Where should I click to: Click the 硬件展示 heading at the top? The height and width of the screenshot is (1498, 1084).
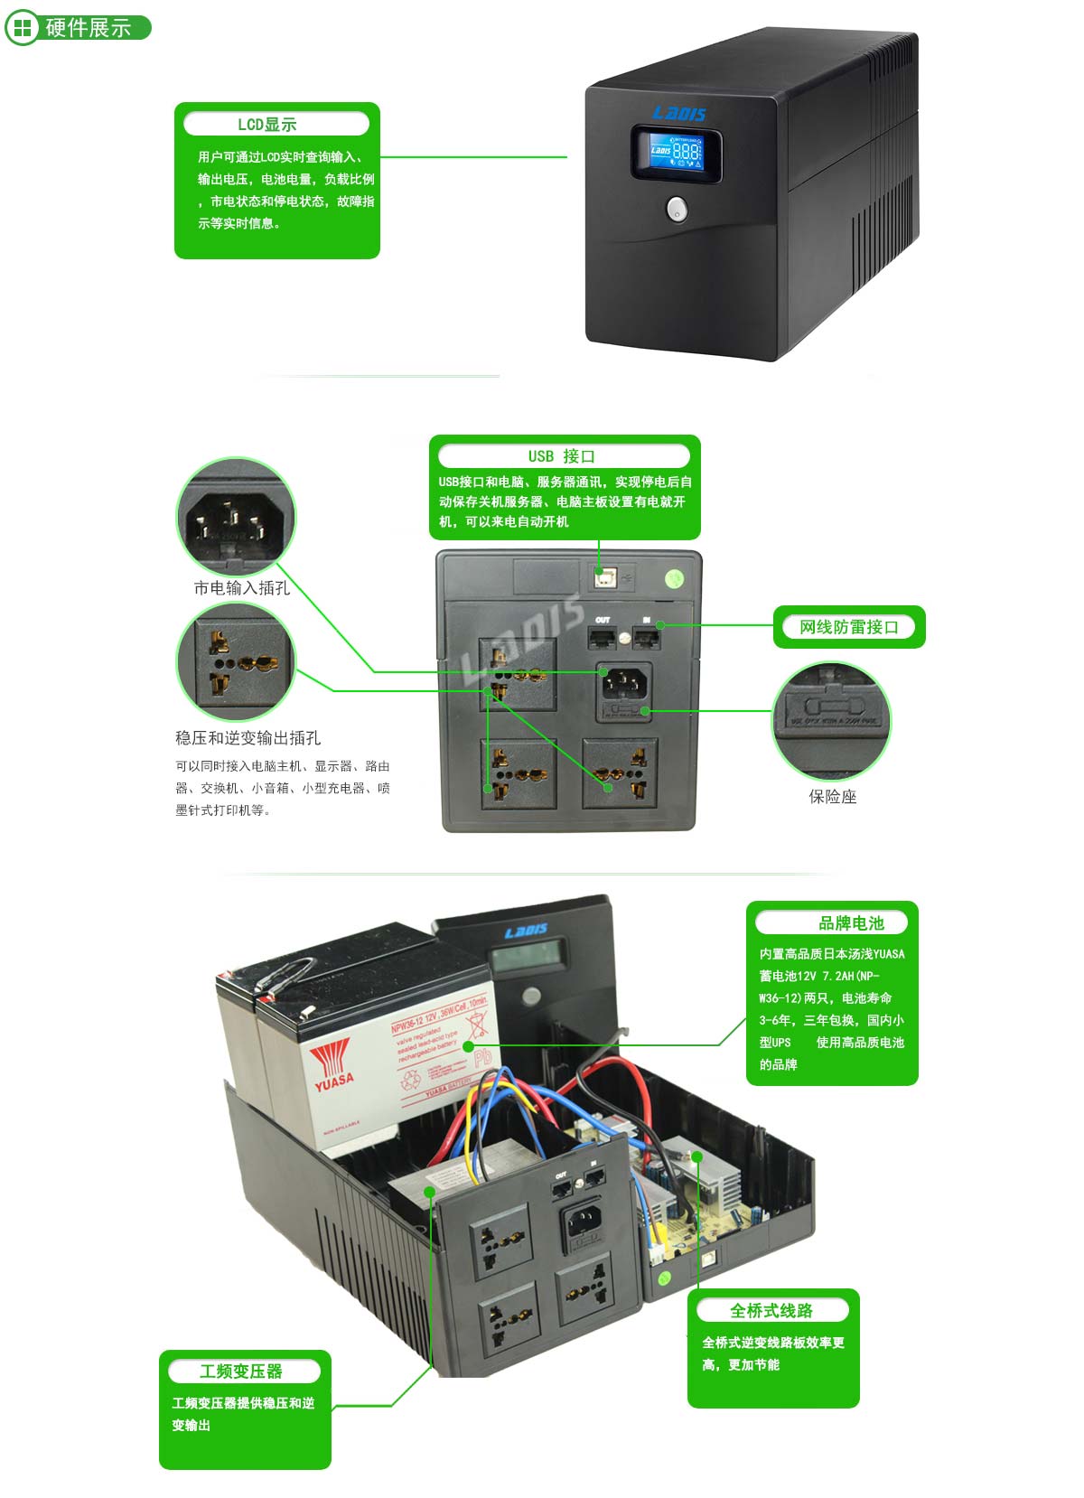88,28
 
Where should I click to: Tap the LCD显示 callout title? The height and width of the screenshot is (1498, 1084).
267,125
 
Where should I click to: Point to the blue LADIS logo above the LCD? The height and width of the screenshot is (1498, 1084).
679,113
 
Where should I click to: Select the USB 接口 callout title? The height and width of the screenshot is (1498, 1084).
562,456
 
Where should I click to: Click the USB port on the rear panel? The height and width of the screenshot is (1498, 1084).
603,575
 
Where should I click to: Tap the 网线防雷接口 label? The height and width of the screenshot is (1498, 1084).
848,627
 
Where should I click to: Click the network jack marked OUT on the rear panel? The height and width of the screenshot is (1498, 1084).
603,637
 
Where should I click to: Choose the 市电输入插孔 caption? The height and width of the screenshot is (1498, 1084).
241,588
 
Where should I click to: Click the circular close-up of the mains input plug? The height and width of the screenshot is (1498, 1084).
236,517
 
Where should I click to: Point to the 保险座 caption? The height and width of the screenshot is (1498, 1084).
832,797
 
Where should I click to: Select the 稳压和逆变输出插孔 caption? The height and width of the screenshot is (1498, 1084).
248,738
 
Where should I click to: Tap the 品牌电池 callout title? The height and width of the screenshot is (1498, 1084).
851,923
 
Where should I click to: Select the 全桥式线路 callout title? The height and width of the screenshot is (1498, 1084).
771,1310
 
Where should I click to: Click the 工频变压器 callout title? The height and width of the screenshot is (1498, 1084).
241,1372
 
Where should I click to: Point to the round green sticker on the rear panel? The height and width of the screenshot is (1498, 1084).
675,578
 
